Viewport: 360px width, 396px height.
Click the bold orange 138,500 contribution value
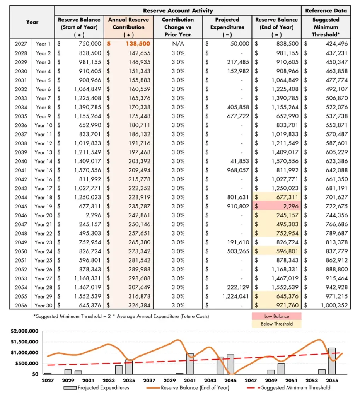[x=137, y=44]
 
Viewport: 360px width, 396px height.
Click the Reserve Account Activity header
[x=178, y=10]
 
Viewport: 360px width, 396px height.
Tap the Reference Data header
[x=326, y=10]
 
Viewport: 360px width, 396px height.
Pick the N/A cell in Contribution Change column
[x=178, y=44]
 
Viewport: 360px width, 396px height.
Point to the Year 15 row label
[x=43, y=170]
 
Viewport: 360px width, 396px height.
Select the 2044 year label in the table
[x=21, y=197]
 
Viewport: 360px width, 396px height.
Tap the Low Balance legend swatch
[x=276, y=316]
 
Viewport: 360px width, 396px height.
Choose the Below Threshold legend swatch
[x=276, y=324]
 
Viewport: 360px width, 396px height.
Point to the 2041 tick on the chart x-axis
[x=190, y=381]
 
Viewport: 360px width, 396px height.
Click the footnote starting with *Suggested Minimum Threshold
[x=121, y=316]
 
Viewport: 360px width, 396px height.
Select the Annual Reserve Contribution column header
[x=128, y=27]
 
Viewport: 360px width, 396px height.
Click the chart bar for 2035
[x=129, y=367]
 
